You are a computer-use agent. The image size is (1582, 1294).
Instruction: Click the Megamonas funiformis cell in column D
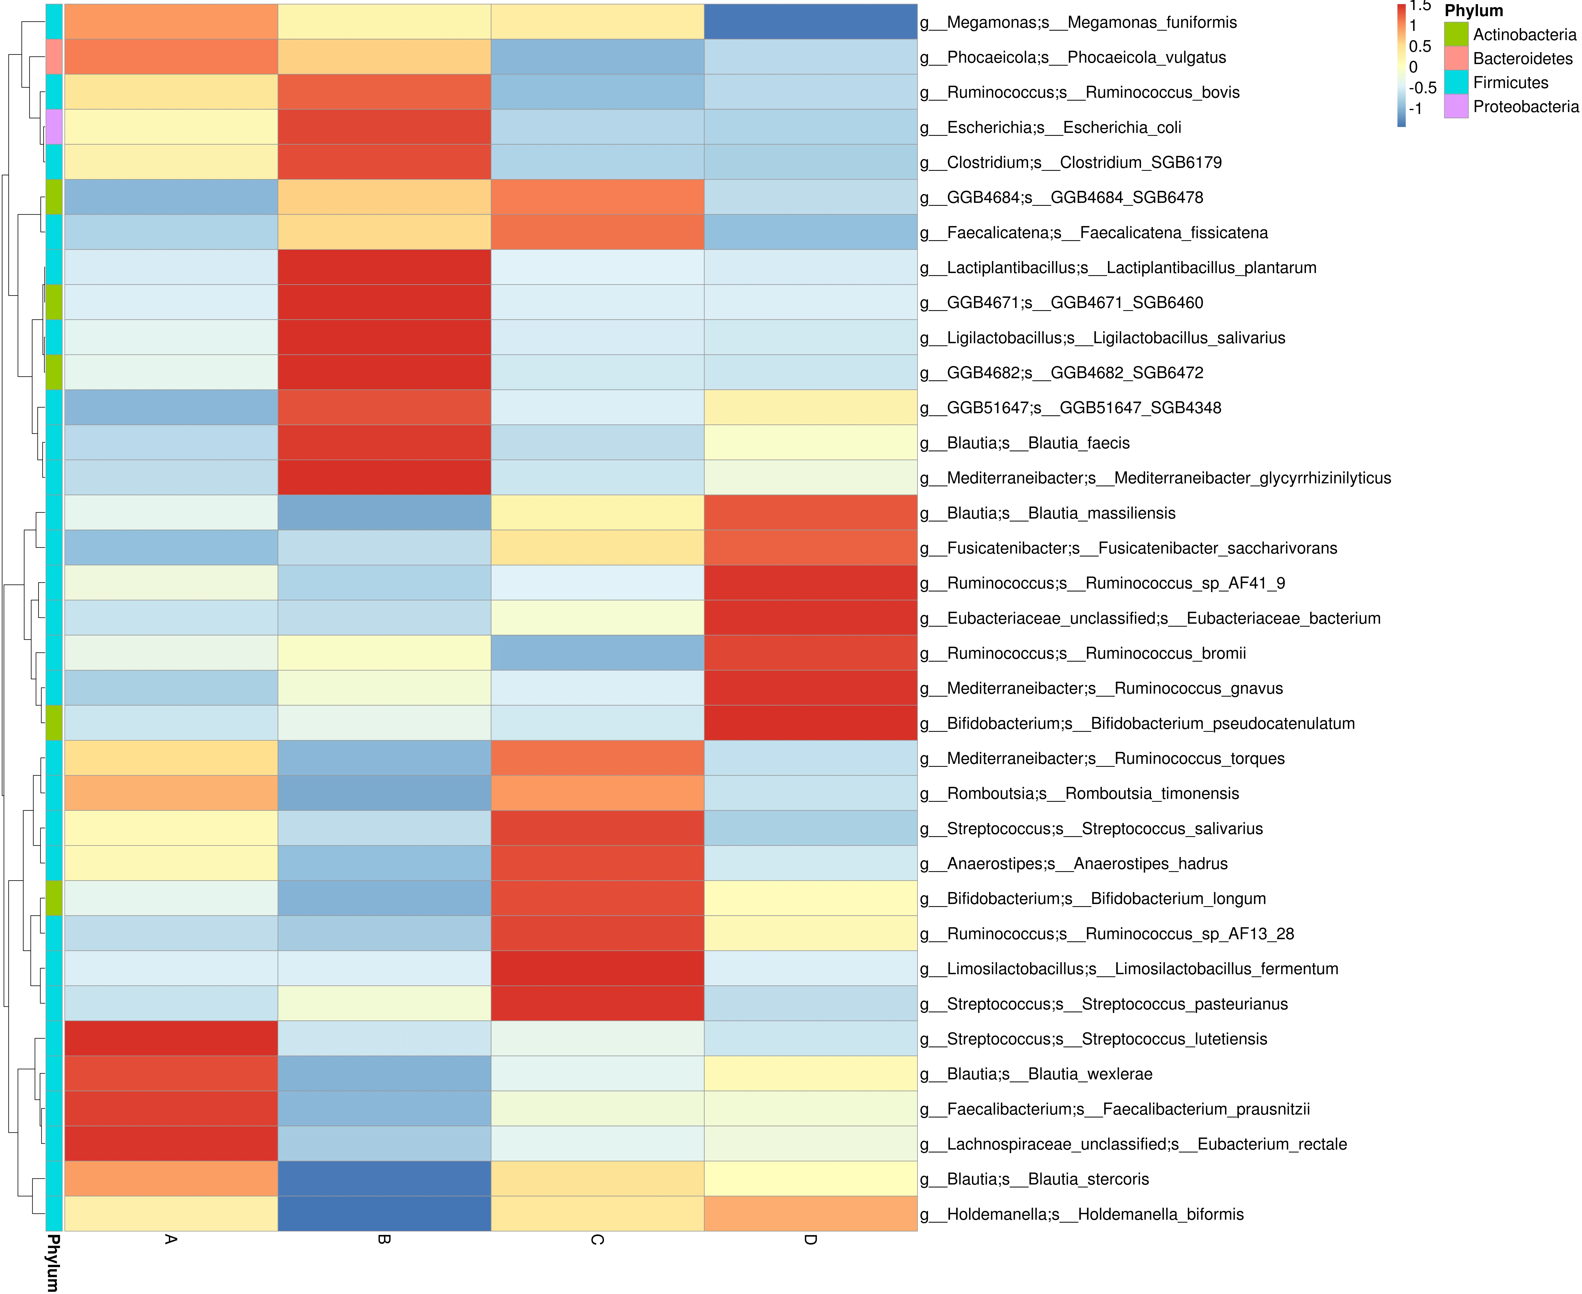(811, 22)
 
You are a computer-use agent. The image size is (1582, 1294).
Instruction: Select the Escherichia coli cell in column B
(384, 127)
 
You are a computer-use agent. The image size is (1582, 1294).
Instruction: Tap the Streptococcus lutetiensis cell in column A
(172, 1038)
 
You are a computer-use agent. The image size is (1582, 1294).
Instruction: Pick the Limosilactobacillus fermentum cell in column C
(598, 968)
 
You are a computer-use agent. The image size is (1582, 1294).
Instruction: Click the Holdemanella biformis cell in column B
(384, 1213)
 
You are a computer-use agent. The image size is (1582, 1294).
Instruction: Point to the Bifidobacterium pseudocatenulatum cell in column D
(811, 723)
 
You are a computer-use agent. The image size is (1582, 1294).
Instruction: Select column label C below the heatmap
(598, 1240)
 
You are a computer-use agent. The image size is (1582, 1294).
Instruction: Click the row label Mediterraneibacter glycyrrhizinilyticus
(1155, 478)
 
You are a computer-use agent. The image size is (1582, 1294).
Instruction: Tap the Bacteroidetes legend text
(1522, 58)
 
